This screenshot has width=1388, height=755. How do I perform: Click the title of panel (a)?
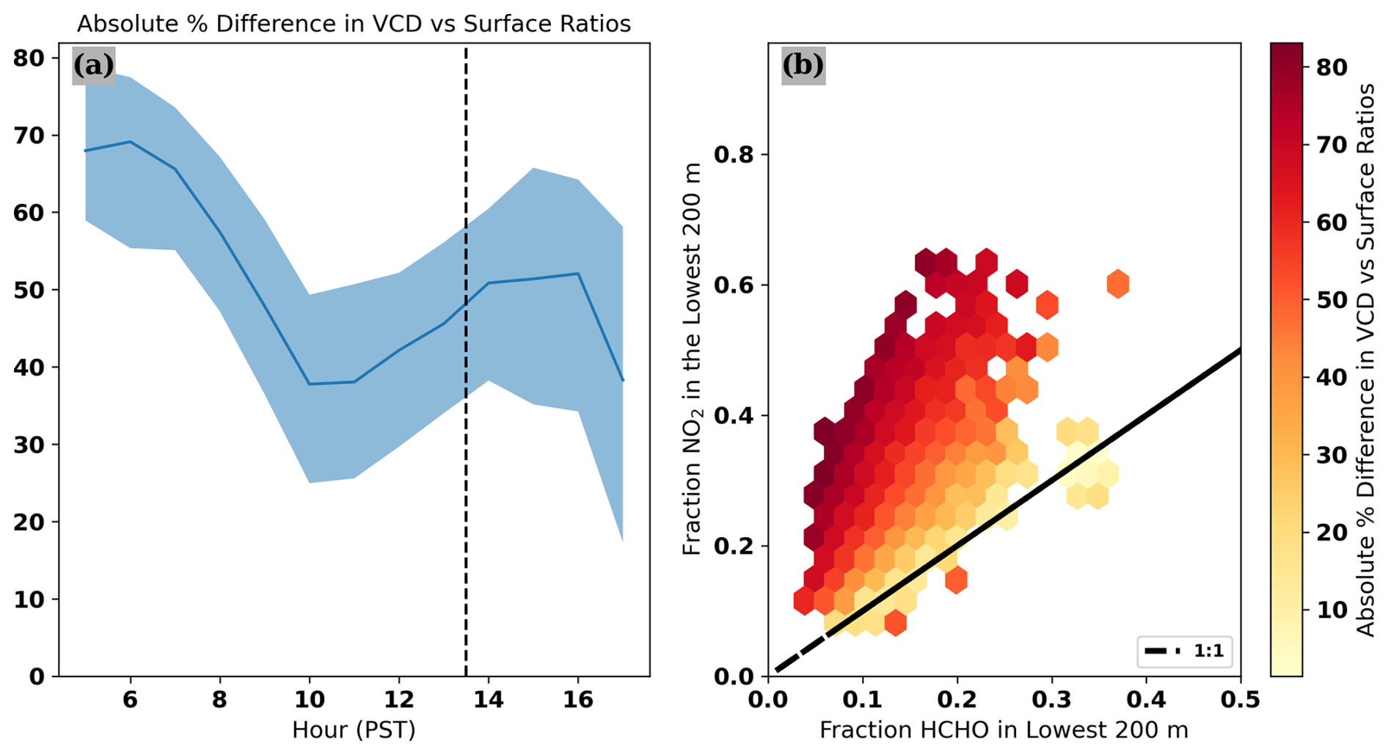[354, 24]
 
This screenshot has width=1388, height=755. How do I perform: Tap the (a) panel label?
[93, 65]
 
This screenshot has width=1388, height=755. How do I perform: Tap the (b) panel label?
[803, 65]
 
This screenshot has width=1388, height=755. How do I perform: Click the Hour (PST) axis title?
[354, 730]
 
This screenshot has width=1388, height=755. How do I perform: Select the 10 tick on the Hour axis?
[310, 699]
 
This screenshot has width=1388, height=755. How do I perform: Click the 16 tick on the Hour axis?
[578, 699]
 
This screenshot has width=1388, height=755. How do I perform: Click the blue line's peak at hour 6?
[131, 142]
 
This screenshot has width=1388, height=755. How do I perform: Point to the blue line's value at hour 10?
[310, 384]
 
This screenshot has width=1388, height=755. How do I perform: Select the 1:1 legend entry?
[1185, 651]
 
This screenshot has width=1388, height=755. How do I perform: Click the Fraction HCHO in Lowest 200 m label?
[1004, 730]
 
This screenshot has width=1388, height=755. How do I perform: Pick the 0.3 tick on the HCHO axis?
[1052, 699]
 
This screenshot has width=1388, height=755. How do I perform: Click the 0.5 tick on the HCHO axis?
[1241, 699]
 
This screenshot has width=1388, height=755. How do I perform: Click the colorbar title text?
[1366, 359]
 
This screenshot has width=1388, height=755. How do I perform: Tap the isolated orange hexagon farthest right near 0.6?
[1117, 284]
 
